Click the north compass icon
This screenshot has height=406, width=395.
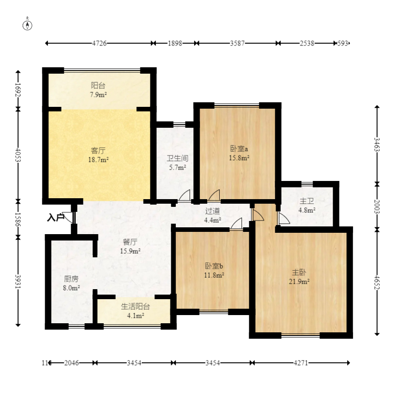click(27, 24)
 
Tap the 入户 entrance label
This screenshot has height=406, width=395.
click(55, 217)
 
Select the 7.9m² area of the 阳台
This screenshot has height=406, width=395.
click(98, 95)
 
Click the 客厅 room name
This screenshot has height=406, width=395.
click(98, 150)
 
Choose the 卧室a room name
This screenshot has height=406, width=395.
click(239, 149)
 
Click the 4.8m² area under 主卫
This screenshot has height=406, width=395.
click(307, 210)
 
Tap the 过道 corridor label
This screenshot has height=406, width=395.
click(213, 211)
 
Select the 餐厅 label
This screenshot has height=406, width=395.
click(130, 242)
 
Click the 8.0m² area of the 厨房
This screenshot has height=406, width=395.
click(72, 288)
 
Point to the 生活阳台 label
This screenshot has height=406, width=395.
click(135, 307)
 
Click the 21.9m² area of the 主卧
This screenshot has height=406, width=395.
click(299, 281)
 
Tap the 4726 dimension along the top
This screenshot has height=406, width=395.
click(99, 43)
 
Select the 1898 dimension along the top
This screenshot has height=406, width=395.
click(175, 43)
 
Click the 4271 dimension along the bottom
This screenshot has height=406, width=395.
click(301, 363)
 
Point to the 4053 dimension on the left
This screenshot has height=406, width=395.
click(18, 155)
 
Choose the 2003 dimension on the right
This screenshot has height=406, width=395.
click(377, 206)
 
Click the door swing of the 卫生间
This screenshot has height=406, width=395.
click(184, 195)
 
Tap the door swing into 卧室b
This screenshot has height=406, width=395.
click(236, 224)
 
